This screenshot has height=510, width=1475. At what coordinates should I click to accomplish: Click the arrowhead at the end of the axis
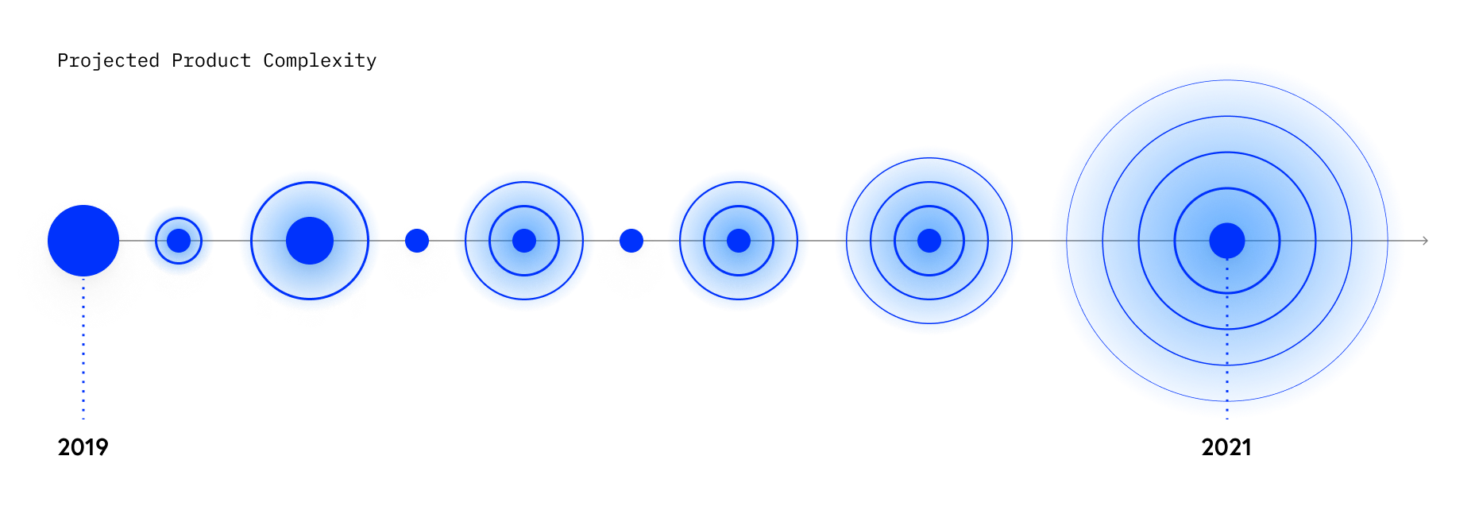1425,240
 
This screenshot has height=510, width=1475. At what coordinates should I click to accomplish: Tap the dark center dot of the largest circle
1226,241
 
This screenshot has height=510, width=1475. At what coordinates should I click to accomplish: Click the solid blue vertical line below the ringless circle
83,381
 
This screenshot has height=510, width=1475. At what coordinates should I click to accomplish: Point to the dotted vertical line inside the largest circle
1227,334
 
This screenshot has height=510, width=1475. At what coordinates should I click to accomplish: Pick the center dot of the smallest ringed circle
179,240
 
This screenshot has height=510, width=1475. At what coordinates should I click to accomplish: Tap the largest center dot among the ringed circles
309,240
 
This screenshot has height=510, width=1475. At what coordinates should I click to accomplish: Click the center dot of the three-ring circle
929,240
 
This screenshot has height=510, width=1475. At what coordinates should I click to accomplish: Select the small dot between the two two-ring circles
631,240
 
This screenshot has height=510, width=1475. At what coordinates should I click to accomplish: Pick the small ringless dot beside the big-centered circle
416,240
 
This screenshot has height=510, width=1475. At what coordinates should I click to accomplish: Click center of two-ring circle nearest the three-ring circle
739,240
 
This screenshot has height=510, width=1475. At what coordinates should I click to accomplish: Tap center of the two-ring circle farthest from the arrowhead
523,240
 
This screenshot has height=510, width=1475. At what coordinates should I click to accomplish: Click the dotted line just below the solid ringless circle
83,302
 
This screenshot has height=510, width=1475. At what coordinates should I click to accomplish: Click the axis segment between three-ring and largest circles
1037,240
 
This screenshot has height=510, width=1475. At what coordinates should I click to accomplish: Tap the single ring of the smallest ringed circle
179,217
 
